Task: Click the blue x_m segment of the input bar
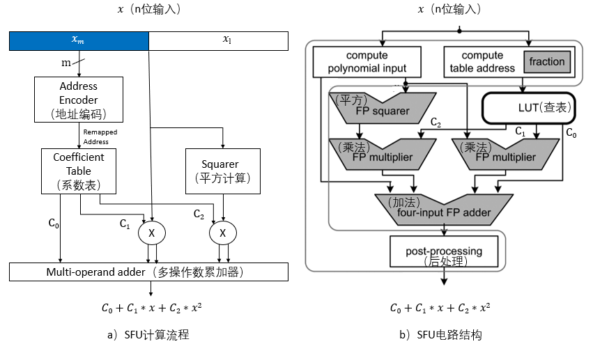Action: point(79,41)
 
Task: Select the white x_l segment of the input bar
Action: point(219,41)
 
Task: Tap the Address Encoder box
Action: point(79,100)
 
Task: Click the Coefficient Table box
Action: point(79,171)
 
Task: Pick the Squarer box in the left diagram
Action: point(220,171)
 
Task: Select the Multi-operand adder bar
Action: point(148,272)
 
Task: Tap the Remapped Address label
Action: point(100,136)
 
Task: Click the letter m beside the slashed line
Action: point(66,63)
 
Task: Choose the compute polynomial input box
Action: point(367,61)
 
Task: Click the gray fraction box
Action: point(546,62)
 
